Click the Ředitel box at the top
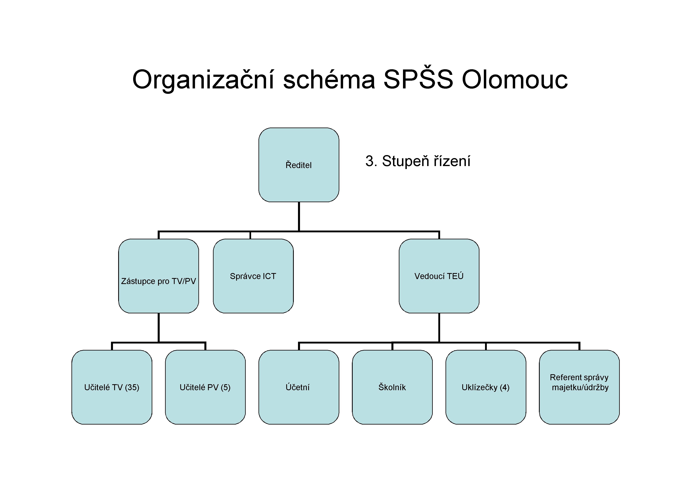point(299,165)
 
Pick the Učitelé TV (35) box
point(112,387)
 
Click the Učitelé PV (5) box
point(205,387)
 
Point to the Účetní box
point(299,387)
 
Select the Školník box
point(392,387)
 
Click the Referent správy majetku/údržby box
point(579,387)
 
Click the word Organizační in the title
point(203,80)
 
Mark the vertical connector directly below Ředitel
point(299,217)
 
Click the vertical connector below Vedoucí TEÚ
point(439,328)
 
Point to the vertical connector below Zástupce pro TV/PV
point(158,328)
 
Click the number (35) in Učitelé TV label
point(132,387)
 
